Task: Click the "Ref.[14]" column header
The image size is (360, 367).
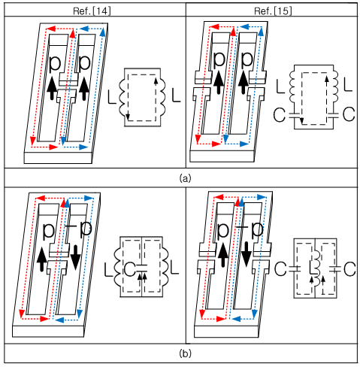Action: click(x=92, y=11)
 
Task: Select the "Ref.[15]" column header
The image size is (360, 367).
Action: click(x=273, y=11)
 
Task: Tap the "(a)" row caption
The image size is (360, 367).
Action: click(x=185, y=178)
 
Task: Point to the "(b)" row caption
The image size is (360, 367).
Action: click(x=185, y=353)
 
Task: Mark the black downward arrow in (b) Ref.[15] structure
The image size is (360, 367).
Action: click(x=247, y=254)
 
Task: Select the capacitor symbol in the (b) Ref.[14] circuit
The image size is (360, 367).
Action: click(x=141, y=268)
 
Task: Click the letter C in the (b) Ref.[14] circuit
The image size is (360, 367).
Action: click(x=129, y=269)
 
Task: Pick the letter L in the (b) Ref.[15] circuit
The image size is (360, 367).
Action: click(x=312, y=268)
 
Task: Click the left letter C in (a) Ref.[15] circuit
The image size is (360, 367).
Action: click(x=279, y=114)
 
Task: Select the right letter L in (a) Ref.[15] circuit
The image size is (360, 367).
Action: click(x=348, y=85)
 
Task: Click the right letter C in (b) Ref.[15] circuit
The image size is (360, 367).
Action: click(x=349, y=269)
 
